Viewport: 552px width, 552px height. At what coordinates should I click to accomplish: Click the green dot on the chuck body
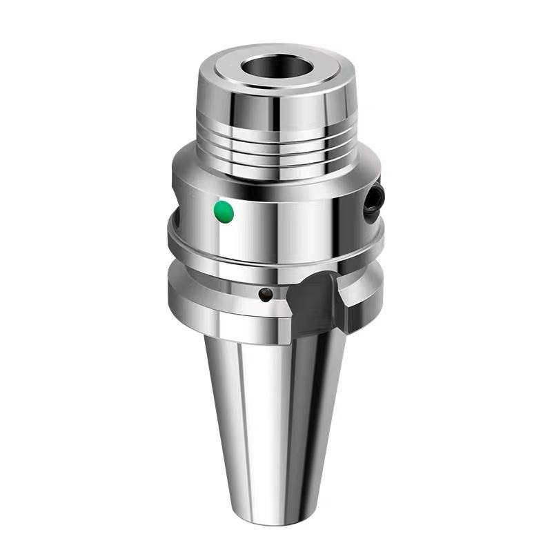[224, 212]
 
